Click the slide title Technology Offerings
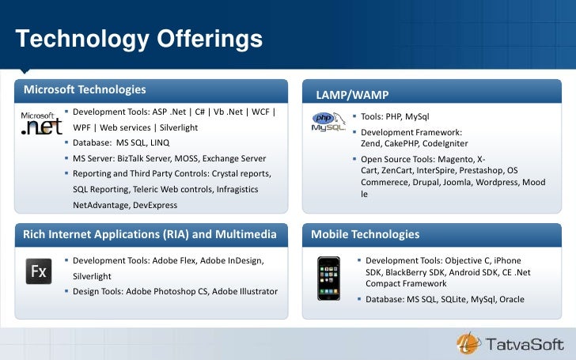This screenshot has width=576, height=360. pyautogui.click(x=139, y=38)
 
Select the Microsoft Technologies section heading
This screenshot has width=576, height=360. pyautogui.click(x=85, y=89)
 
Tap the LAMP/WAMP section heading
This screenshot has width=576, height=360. pyautogui.click(x=352, y=95)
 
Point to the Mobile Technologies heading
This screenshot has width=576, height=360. pyautogui.click(x=365, y=234)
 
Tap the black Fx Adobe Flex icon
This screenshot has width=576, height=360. pyautogui.click(x=40, y=271)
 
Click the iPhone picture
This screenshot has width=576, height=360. pyautogui.click(x=328, y=279)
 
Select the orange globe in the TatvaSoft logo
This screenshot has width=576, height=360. pyautogui.click(x=466, y=343)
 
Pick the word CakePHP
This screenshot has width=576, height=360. pyautogui.click(x=402, y=143)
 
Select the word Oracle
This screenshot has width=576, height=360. pyautogui.click(x=510, y=299)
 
